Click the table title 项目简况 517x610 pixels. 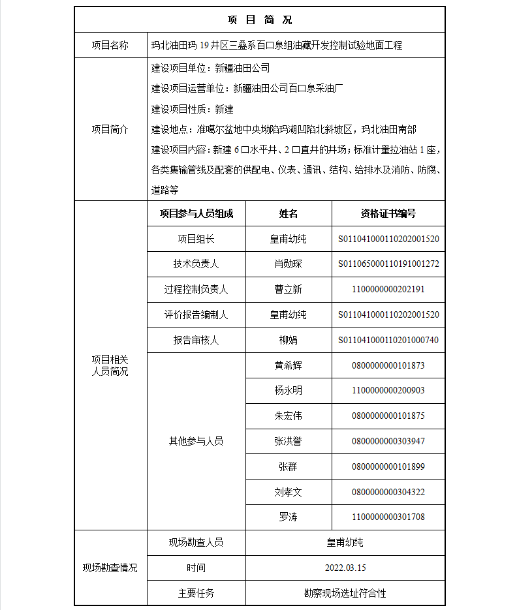click(259, 20)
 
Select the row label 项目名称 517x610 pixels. click(110, 45)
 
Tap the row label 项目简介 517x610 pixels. click(110, 129)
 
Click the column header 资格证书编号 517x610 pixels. click(388, 213)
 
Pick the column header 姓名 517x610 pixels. click(288, 213)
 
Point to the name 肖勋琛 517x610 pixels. click(288, 264)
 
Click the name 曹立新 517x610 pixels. click(288, 289)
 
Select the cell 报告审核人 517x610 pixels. click(196, 340)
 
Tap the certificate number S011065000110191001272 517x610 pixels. click(388, 264)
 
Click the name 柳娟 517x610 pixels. click(288, 340)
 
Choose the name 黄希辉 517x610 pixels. click(288, 365)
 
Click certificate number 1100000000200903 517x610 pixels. click(388, 391)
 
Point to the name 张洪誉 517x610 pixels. click(288, 442)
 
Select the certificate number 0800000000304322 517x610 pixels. click(388, 492)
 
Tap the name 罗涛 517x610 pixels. click(288, 517)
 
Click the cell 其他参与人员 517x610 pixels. click(196, 442)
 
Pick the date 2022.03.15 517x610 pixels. click(345, 568)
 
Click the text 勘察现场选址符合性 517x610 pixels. click(345, 593)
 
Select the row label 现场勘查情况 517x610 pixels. click(110, 568)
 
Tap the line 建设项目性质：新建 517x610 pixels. click(192, 109)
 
